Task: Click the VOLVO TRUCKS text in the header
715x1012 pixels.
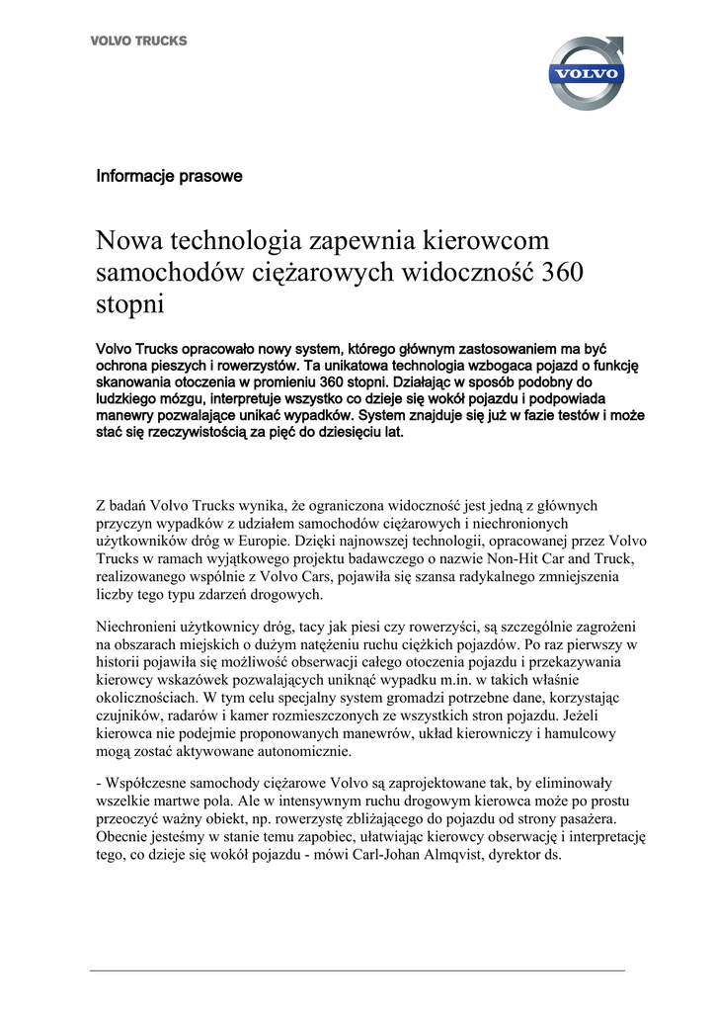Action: point(139,42)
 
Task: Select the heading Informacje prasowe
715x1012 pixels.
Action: point(169,177)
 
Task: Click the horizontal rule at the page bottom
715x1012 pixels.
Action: point(357,970)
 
